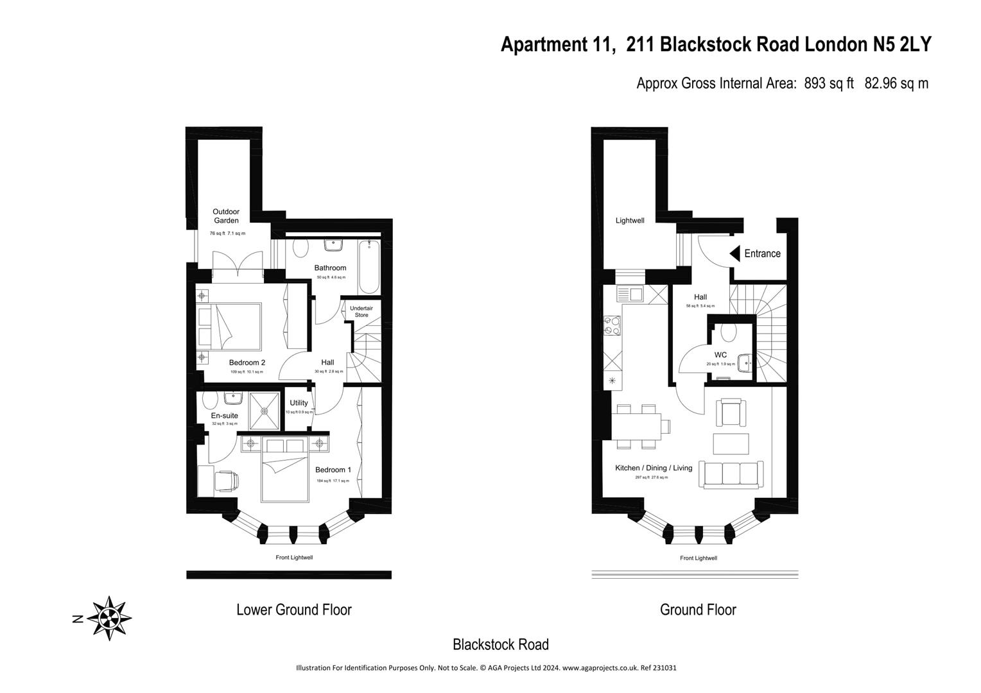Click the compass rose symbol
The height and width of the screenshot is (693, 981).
109,618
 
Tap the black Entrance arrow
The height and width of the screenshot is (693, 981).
735,253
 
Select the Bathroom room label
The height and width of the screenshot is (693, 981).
330,268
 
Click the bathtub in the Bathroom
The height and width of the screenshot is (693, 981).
369,266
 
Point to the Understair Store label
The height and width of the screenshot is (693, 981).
361,311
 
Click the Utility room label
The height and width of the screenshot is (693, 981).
299,403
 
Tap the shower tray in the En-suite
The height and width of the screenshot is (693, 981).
264,411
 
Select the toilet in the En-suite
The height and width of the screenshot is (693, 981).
209,400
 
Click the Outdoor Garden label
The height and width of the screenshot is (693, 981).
226,216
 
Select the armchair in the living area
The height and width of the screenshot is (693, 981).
731,413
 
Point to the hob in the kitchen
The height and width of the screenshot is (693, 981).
612,325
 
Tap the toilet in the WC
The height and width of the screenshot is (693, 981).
728,332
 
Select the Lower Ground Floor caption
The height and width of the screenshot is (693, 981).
294,610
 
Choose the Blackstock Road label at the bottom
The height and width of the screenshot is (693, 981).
500,644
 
